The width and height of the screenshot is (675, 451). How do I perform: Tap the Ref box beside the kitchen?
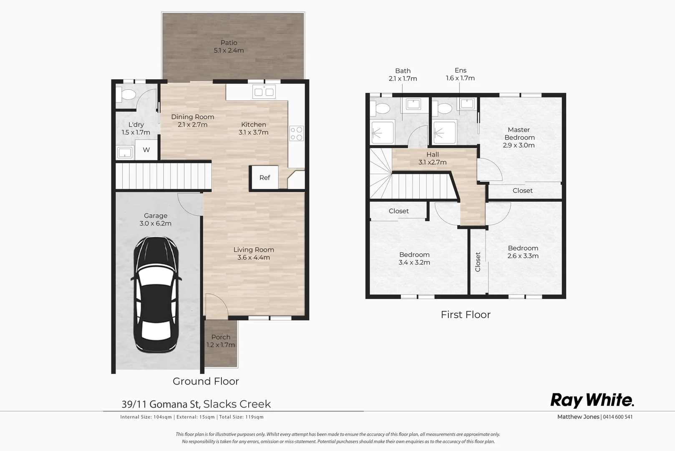point(264,178)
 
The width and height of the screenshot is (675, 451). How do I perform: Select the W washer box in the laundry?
point(146,150)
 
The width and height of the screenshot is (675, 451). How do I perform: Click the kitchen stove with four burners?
point(297,133)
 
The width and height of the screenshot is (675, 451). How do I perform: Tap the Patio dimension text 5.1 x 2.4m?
point(229,51)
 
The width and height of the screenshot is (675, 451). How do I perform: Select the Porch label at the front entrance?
point(221,337)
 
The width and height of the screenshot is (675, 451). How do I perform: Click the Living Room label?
point(254,250)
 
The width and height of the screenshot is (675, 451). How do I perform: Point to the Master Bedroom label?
point(519,134)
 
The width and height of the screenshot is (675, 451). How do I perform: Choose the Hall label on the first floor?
point(433,155)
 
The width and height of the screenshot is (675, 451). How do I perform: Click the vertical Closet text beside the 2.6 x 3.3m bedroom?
point(478,262)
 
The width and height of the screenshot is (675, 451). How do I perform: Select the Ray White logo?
point(592,400)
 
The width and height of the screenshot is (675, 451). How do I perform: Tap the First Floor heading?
point(466,314)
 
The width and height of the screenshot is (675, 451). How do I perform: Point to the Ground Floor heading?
point(206,381)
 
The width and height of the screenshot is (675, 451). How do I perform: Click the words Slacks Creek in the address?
point(237,404)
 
